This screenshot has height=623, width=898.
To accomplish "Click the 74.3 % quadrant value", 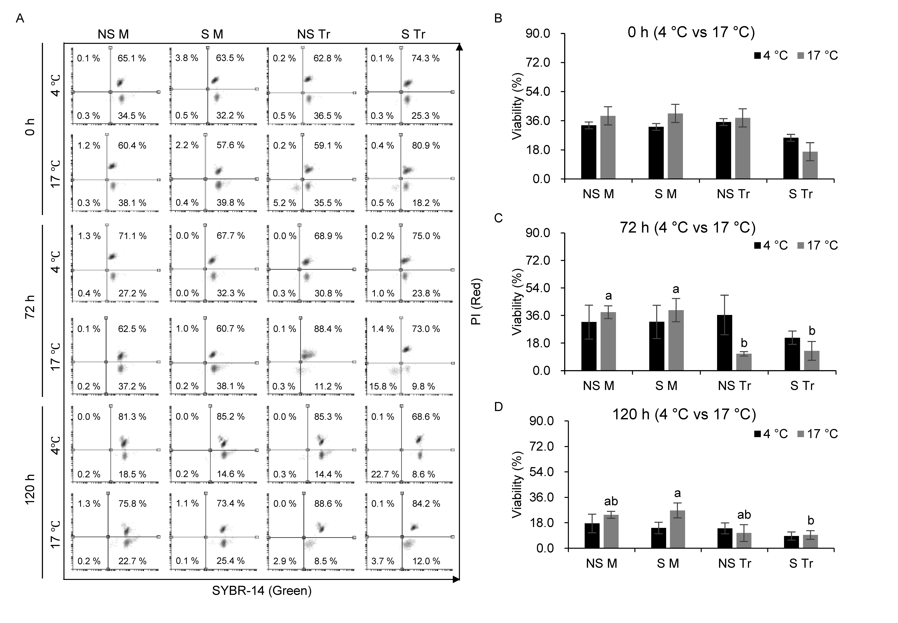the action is (425, 58).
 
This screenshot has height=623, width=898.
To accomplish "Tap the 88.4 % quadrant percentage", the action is (328, 329).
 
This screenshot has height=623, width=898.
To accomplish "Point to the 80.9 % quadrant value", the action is (426, 146).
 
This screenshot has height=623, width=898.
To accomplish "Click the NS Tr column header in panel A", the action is (313, 34).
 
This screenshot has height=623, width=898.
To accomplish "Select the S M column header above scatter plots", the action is (212, 34).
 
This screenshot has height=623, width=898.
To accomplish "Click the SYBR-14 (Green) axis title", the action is (262, 591).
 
